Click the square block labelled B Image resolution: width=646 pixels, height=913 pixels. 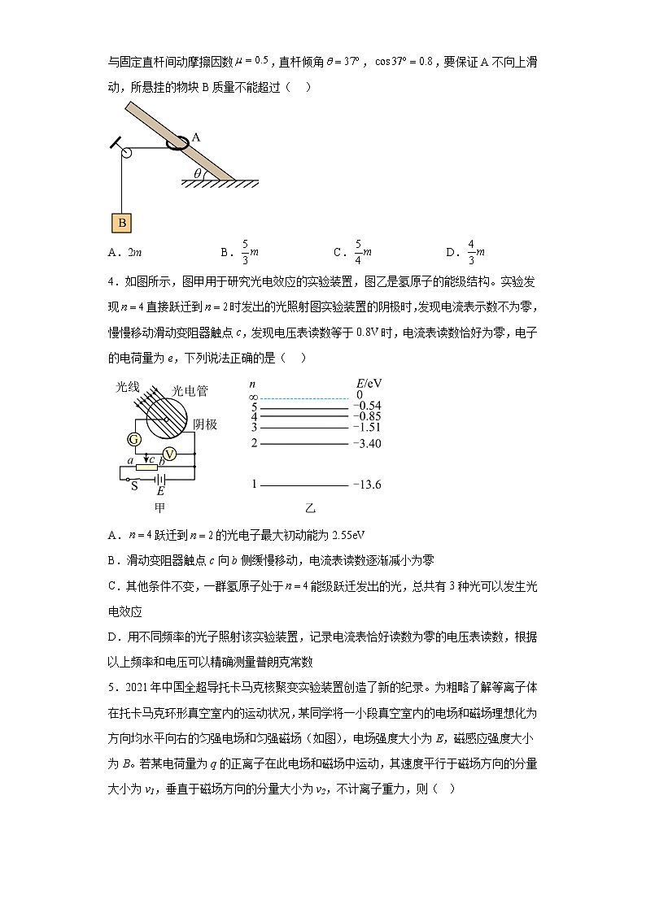tap(121, 222)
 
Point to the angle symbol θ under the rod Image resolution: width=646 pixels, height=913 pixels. tap(197, 172)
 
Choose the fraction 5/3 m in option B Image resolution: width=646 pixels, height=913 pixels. tap(242, 252)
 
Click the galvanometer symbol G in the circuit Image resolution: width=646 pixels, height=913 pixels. tap(134, 440)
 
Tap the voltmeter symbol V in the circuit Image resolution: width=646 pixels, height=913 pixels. tap(170, 453)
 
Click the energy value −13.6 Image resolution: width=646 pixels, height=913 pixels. tap(367, 485)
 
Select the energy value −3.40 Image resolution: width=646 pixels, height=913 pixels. tap(368, 444)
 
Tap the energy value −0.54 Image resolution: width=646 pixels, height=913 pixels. tap(368, 406)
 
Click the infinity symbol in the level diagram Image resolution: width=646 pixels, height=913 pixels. tap(253, 395)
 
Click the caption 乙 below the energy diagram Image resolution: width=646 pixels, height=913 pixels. tap(310, 509)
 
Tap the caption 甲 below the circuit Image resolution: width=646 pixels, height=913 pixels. tap(159, 508)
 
